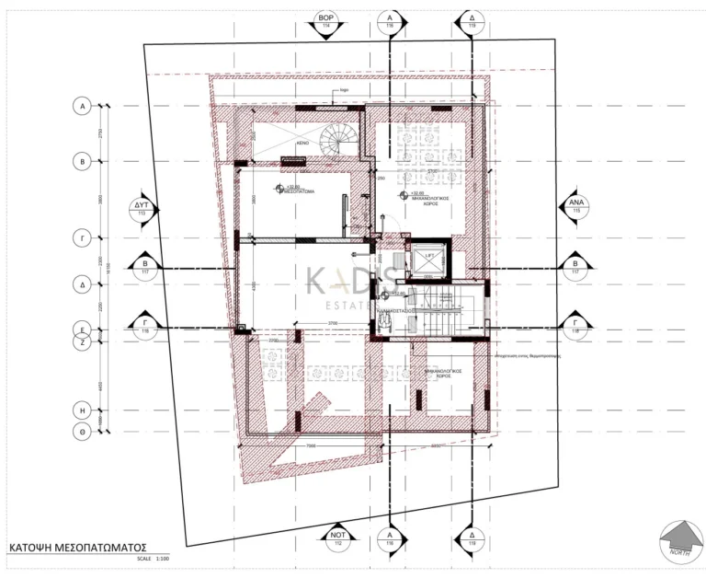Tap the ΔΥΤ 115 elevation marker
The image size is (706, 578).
[x=142, y=206]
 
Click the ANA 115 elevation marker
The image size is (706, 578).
[x=577, y=205]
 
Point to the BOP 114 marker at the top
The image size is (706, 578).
[x=325, y=22]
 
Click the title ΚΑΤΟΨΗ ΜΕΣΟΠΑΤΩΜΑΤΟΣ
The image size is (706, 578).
[x=77, y=546]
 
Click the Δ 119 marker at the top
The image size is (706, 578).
[x=471, y=22]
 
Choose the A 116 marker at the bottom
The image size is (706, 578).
[x=390, y=538]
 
